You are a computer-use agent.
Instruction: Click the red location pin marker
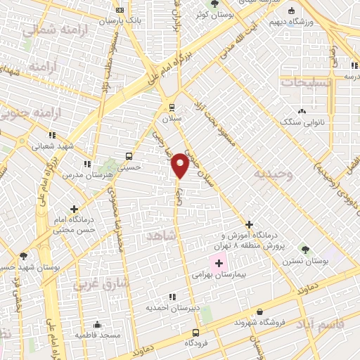tap(181, 165)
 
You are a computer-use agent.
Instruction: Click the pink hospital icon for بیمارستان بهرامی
tap(219, 264)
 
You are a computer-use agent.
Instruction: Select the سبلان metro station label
tap(172, 119)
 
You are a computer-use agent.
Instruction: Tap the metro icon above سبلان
tap(172, 108)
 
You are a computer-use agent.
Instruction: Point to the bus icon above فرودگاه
tap(195, 333)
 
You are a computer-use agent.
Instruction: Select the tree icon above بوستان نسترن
tap(304, 249)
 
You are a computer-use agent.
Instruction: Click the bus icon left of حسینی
tap(128, 156)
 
